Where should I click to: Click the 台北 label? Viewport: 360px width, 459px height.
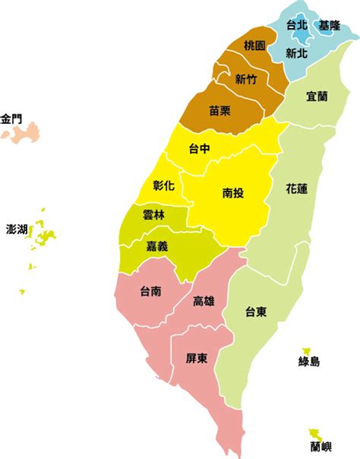(x=297, y=25)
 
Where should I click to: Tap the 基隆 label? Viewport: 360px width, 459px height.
(x=330, y=25)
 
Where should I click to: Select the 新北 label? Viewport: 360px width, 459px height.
(x=297, y=52)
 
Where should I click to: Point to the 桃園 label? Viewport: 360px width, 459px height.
(x=255, y=46)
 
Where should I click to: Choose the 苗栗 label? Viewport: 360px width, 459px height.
(x=220, y=111)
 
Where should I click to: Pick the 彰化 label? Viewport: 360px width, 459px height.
(x=163, y=185)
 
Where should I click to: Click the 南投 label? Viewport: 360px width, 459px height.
(x=233, y=193)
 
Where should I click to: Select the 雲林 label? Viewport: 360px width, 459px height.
(x=153, y=215)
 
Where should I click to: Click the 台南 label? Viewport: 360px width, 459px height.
(x=150, y=290)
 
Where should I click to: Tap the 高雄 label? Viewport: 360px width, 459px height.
(x=204, y=301)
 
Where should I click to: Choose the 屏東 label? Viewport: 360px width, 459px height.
(x=197, y=358)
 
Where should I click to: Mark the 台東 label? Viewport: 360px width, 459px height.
(x=255, y=312)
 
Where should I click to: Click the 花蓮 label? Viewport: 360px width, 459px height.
(x=297, y=187)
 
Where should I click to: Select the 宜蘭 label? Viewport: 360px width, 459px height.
(x=317, y=97)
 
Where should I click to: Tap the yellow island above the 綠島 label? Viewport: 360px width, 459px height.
(x=307, y=346)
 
